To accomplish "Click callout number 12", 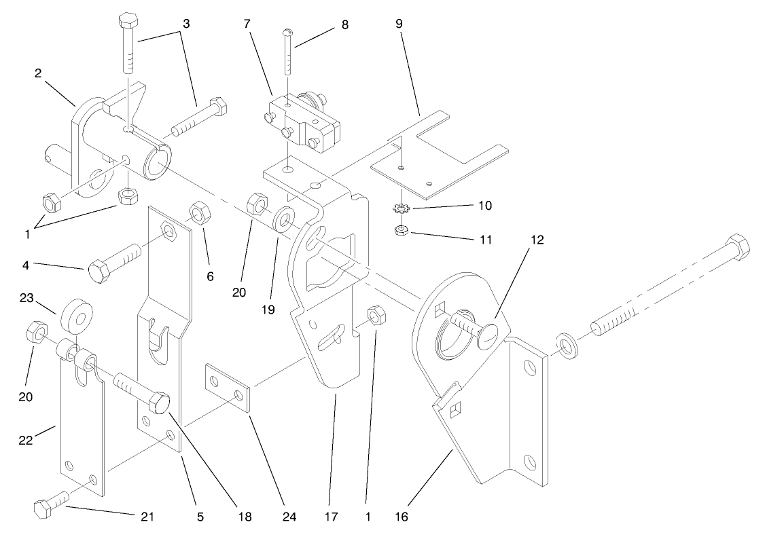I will [538, 240].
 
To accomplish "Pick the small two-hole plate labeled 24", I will [228, 388].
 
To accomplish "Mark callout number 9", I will [399, 24].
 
